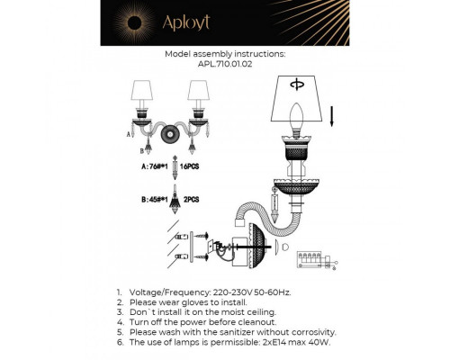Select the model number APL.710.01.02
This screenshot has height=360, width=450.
click(x=225, y=65)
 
